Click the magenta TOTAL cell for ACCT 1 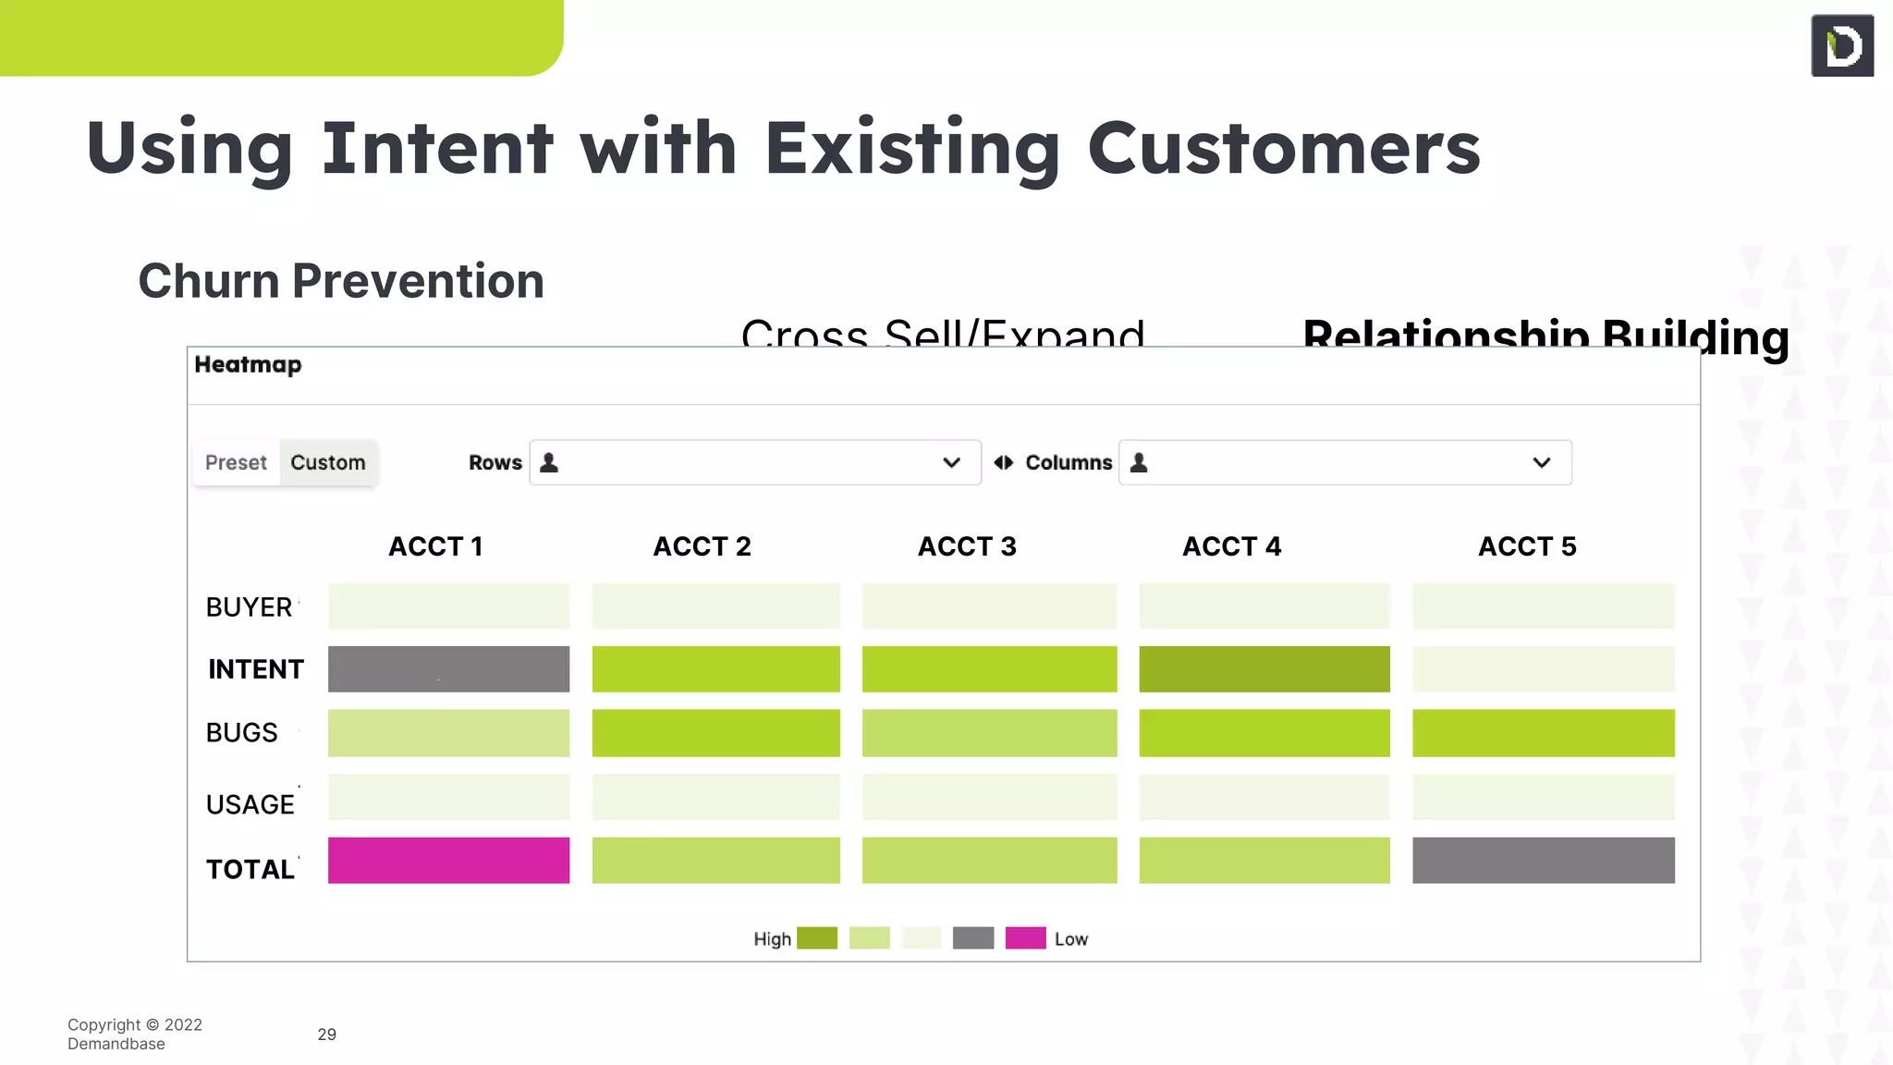448,860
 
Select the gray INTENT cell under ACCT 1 448,668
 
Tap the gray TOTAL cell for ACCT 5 1543,860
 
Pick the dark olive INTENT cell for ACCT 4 1264,668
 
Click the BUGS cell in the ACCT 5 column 1543,732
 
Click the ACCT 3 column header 967,546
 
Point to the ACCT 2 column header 702,546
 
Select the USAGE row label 250,804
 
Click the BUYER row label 249,607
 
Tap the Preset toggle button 236,462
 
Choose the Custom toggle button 328,462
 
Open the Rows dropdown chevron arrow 951,462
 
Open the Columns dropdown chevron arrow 1541,462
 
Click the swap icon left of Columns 1003,462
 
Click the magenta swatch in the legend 1025,938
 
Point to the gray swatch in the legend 973,938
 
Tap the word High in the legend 772,939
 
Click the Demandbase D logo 1842,45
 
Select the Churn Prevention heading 341,281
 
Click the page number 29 326,1034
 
